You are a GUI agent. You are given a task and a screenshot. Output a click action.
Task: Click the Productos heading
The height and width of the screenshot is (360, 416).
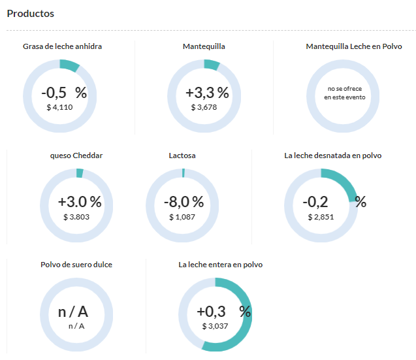31,14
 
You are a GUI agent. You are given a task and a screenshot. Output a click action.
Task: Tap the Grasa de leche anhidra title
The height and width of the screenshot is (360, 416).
62,46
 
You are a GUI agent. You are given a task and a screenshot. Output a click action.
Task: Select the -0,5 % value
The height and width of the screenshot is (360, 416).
64,93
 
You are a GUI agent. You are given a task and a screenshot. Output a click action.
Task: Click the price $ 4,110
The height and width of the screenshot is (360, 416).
59,107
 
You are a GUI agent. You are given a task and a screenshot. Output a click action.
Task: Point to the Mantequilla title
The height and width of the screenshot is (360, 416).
204,47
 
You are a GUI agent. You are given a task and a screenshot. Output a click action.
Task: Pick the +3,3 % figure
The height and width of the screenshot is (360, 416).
207,93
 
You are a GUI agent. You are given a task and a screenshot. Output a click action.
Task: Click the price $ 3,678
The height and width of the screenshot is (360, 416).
204,107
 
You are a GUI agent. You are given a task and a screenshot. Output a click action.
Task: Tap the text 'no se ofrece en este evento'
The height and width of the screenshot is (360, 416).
345,93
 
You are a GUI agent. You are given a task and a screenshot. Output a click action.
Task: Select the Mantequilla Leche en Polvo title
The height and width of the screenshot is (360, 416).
354,46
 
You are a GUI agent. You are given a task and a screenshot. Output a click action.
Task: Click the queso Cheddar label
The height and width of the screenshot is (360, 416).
76,155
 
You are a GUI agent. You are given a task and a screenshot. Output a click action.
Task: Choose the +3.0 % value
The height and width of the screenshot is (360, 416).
80,202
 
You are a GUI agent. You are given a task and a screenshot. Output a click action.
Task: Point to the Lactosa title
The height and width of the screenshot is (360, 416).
182,155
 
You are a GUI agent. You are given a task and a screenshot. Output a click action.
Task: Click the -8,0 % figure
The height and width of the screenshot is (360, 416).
184,202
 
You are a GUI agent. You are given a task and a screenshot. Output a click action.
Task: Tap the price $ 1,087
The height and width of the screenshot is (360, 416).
182,217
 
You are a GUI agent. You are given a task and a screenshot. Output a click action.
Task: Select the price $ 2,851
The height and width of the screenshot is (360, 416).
321,217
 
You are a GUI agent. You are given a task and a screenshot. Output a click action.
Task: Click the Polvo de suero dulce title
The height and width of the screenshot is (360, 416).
76,265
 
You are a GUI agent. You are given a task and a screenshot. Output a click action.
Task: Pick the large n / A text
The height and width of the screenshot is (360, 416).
73,312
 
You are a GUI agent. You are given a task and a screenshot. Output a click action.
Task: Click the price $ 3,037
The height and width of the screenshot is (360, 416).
215,326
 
